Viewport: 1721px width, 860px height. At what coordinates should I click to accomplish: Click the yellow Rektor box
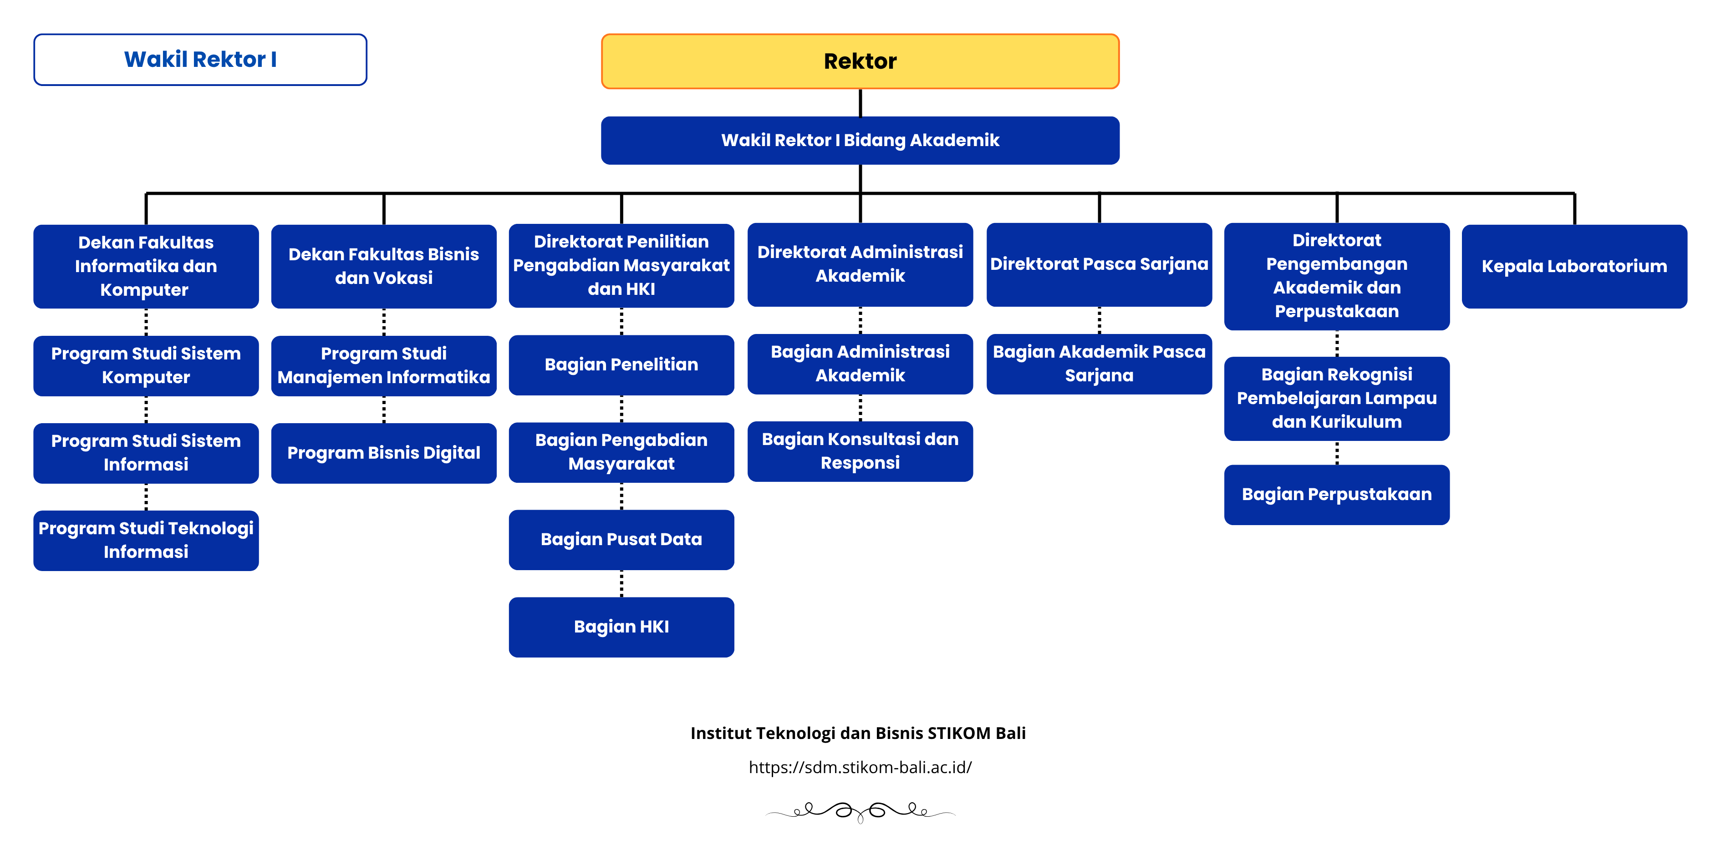(x=860, y=61)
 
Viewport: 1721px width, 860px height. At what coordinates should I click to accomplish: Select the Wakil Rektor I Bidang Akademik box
(x=860, y=140)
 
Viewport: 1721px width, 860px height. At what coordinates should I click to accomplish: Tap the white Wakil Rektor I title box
(x=200, y=60)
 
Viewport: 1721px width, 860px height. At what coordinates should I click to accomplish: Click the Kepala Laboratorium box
(x=1574, y=266)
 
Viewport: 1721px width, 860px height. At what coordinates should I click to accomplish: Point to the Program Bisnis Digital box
(x=383, y=453)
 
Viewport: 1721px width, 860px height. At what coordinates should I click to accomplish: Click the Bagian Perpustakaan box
(x=1336, y=494)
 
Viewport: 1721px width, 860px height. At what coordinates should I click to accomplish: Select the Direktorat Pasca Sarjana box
(x=1099, y=264)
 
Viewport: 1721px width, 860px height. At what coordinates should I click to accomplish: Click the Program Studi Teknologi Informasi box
(x=146, y=540)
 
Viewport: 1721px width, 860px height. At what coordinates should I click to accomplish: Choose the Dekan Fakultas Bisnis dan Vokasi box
(x=383, y=266)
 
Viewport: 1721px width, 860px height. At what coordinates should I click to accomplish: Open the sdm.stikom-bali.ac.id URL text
(x=860, y=767)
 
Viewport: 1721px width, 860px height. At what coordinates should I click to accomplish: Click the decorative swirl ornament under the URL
(x=860, y=811)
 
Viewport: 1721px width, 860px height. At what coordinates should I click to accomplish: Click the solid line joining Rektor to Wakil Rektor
(x=860, y=103)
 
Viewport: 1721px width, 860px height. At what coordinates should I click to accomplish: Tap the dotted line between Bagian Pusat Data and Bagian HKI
(x=621, y=583)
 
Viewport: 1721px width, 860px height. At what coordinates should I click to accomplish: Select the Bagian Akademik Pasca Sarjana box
(x=1099, y=364)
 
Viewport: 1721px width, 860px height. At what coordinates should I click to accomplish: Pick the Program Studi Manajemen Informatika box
(x=383, y=365)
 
